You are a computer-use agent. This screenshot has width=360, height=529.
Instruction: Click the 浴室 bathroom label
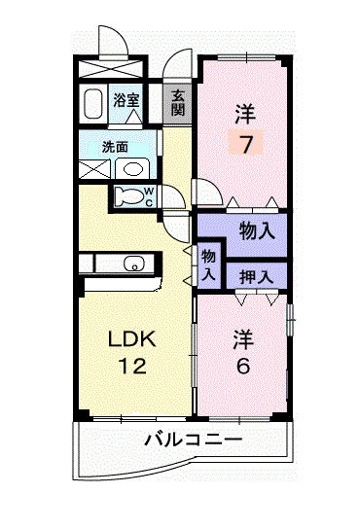[x=126, y=99]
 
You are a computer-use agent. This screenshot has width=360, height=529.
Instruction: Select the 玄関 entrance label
[x=179, y=102]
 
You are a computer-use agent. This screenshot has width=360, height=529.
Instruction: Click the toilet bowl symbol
[x=127, y=194]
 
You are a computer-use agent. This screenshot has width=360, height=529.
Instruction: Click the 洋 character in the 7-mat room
[x=244, y=115]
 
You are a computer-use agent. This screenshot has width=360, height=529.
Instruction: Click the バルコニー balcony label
[x=193, y=441]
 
